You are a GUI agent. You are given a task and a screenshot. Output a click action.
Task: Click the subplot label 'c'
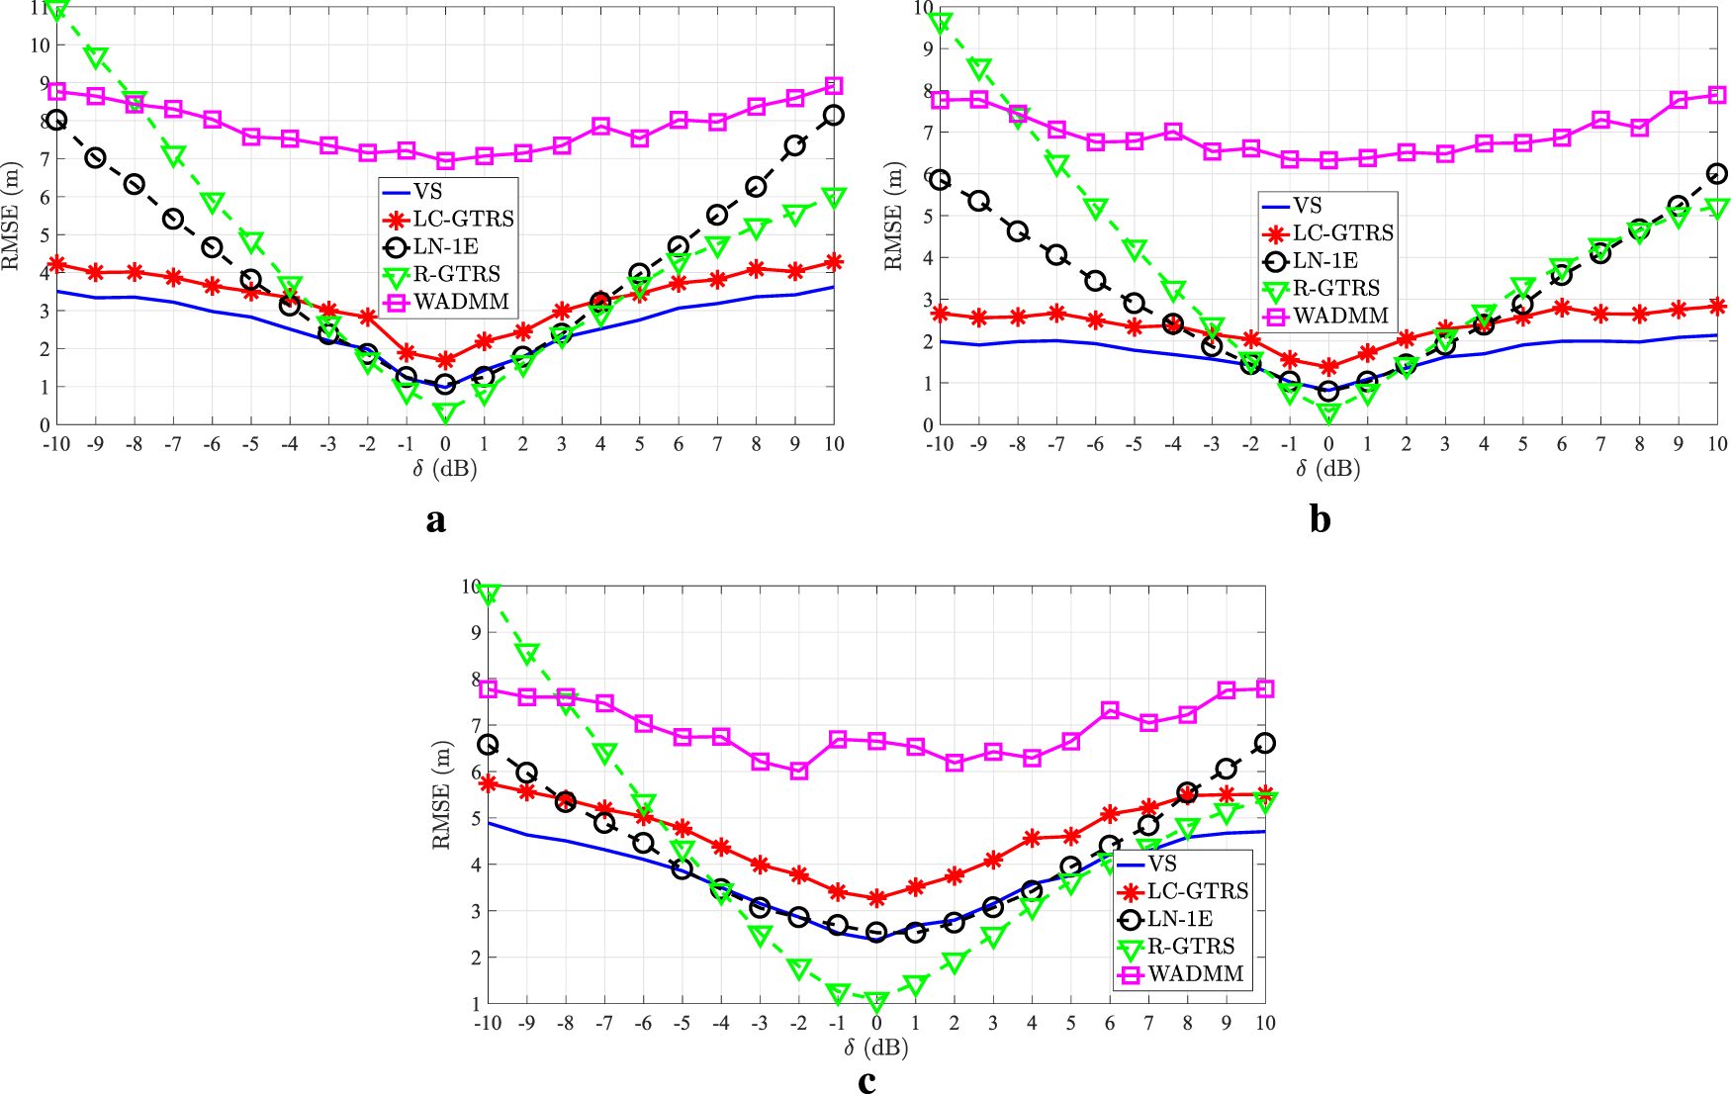pyautogui.click(x=866, y=1082)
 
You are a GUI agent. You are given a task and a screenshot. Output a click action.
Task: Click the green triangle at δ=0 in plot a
pyautogui.click(x=445, y=412)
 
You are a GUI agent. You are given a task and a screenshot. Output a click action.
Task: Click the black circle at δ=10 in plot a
pyautogui.click(x=834, y=115)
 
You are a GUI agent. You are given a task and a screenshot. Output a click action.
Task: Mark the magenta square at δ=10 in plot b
pyautogui.click(x=1717, y=96)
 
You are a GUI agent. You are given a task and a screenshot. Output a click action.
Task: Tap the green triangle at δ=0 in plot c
pyautogui.click(x=876, y=1002)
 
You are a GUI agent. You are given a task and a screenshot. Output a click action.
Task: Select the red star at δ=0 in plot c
pyautogui.click(x=876, y=898)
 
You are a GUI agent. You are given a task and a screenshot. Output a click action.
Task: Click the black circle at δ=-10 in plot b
pyautogui.click(x=940, y=180)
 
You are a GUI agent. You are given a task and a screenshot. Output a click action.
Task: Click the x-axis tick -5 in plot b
pyautogui.click(x=1134, y=445)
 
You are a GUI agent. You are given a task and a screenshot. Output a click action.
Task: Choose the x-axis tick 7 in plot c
pyautogui.click(x=1148, y=1024)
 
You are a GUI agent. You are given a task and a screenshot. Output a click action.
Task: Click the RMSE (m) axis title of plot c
pyautogui.click(x=441, y=796)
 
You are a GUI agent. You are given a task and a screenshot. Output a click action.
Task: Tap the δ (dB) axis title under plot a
pyautogui.click(x=445, y=469)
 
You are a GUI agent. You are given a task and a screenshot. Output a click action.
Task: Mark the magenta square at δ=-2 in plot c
pyautogui.click(x=799, y=771)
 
